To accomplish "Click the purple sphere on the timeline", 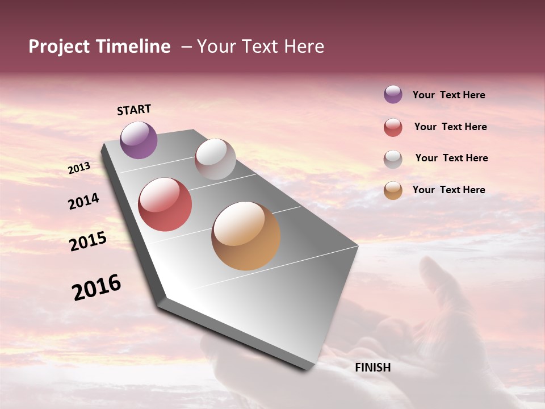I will click(139, 140).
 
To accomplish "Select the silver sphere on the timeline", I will click(215, 159).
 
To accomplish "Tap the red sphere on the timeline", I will click(165, 204).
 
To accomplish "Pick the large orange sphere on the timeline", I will click(246, 236).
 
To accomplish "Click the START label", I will click(134, 110).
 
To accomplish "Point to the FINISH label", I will click(373, 368).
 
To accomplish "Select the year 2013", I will click(79, 168).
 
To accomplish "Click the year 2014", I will click(84, 201).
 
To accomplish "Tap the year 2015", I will click(88, 241).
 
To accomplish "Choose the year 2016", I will click(97, 287).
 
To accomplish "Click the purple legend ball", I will click(393, 94).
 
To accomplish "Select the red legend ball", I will click(393, 127).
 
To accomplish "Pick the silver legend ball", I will click(393, 159).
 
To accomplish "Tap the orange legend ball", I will click(393, 190).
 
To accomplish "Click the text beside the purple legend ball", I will click(449, 95).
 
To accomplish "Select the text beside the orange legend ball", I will click(449, 190).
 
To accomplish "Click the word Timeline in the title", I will click(133, 47).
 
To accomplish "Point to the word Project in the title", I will click(58, 47).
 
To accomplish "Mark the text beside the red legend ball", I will click(451, 127).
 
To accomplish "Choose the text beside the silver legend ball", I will click(452, 158).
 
